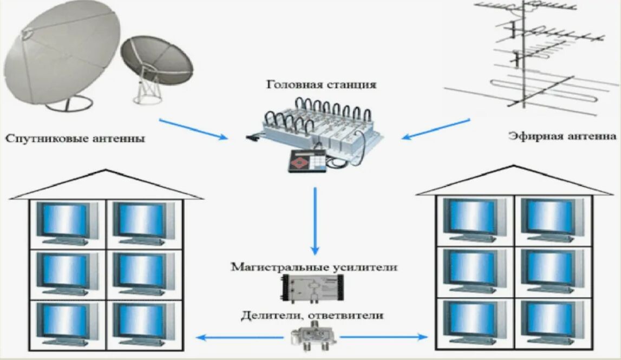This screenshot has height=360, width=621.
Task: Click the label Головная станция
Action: (x=321, y=85)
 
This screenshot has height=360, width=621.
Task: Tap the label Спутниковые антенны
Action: (x=75, y=139)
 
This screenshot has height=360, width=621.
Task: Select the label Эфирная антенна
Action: (x=563, y=136)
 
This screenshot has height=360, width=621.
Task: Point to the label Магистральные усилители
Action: (x=314, y=267)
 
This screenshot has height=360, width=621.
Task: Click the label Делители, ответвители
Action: (x=312, y=316)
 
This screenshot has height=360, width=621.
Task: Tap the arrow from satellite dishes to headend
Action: (x=194, y=129)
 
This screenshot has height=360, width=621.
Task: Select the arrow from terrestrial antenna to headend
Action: (x=436, y=129)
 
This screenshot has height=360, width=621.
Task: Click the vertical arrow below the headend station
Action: (x=315, y=221)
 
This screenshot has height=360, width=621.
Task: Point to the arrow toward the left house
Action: (x=240, y=337)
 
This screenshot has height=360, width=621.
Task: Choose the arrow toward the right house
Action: (x=384, y=337)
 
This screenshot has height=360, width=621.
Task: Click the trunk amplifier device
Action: (x=312, y=289)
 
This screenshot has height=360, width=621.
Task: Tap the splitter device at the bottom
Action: (x=313, y=336)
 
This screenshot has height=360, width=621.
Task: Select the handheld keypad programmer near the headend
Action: (x=308, y=161)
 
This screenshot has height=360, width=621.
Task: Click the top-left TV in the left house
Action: (x=67, y=224)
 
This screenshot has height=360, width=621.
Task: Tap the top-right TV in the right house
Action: (x=552, y=220)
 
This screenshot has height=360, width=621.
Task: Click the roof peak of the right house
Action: (x=514, y=166)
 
